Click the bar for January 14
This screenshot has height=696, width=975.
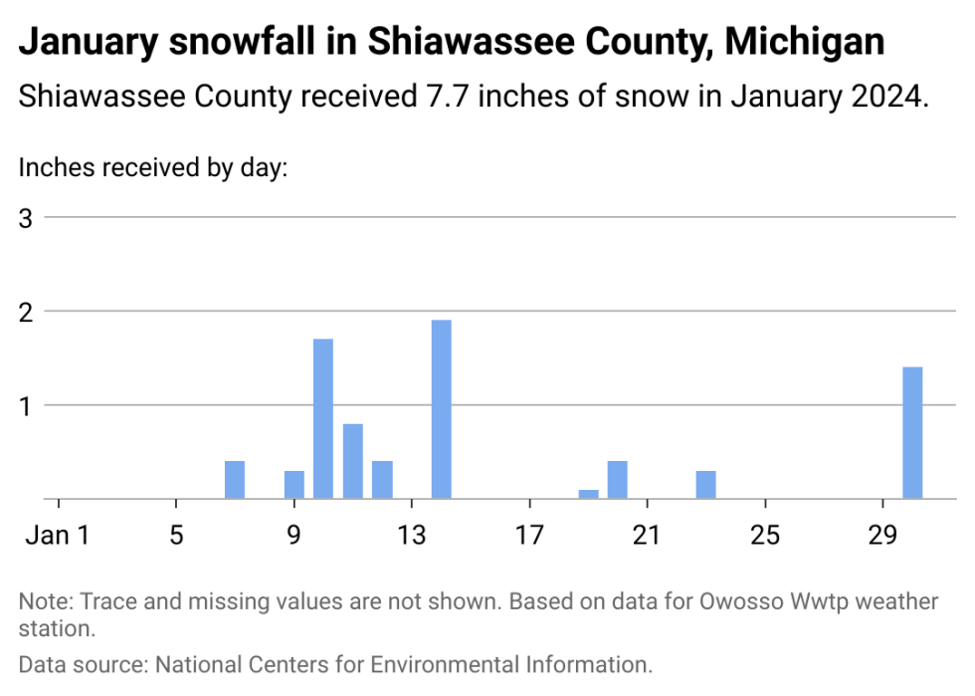[x=441, y=409]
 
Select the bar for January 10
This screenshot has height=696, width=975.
[x=323, y=418]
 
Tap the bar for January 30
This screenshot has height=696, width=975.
[x=912, y=433]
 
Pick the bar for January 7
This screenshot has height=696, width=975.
[x=235, y=480]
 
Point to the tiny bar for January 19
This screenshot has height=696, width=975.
[x=588, y=494]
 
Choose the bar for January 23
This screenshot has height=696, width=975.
[x=706, y=484]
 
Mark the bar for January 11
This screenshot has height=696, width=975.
[x=353, y=461]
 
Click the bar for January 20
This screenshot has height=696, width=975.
[x=618, y=480]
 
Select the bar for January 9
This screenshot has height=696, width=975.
[x=294, y=484]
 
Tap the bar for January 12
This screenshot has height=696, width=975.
[x=382, y=480]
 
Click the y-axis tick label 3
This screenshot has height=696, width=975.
[x=27, y=218]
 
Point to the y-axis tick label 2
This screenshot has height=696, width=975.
[x=27, y=312]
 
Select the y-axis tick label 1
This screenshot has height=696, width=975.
[x=27, y=405]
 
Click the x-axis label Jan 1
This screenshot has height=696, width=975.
[x=59, y=535]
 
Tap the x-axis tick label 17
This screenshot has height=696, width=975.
[x=529, y=535]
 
